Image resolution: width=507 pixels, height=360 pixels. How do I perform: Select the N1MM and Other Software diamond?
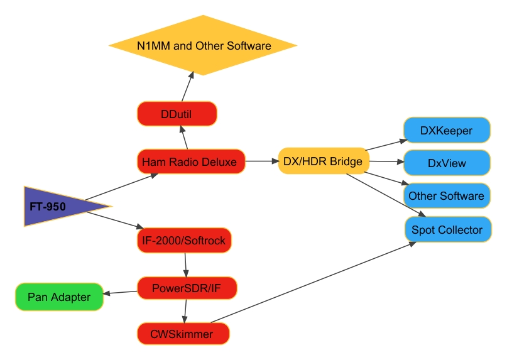tap(203, 46)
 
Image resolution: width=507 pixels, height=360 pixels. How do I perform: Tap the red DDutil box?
tap(177, 114)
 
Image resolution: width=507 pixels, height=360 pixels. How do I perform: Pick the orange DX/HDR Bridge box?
tap(323, 162)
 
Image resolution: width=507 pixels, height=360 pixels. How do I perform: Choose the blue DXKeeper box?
tap(446, 131)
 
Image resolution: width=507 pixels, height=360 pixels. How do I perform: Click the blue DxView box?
tap(446, 163)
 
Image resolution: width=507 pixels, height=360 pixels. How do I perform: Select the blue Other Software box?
tap(446, 196)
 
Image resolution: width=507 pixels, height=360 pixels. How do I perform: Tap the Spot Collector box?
tap(447, 230)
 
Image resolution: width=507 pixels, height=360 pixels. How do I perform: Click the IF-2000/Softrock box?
tap(183, 240)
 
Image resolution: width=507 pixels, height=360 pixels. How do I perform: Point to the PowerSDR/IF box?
tap(186, 289)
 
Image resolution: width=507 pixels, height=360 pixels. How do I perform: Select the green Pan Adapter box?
tap(59, 297)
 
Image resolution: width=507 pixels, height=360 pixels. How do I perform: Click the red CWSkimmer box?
tap(182, 334)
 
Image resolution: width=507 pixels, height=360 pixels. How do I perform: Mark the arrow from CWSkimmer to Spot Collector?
tap(314, 282)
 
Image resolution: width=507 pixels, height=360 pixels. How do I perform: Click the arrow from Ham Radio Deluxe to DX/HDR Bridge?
tap(261, 162)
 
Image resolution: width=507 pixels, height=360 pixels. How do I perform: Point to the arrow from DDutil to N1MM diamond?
tap(187, 87)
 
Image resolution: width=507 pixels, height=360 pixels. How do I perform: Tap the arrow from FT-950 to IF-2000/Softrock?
tap(113, 221)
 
